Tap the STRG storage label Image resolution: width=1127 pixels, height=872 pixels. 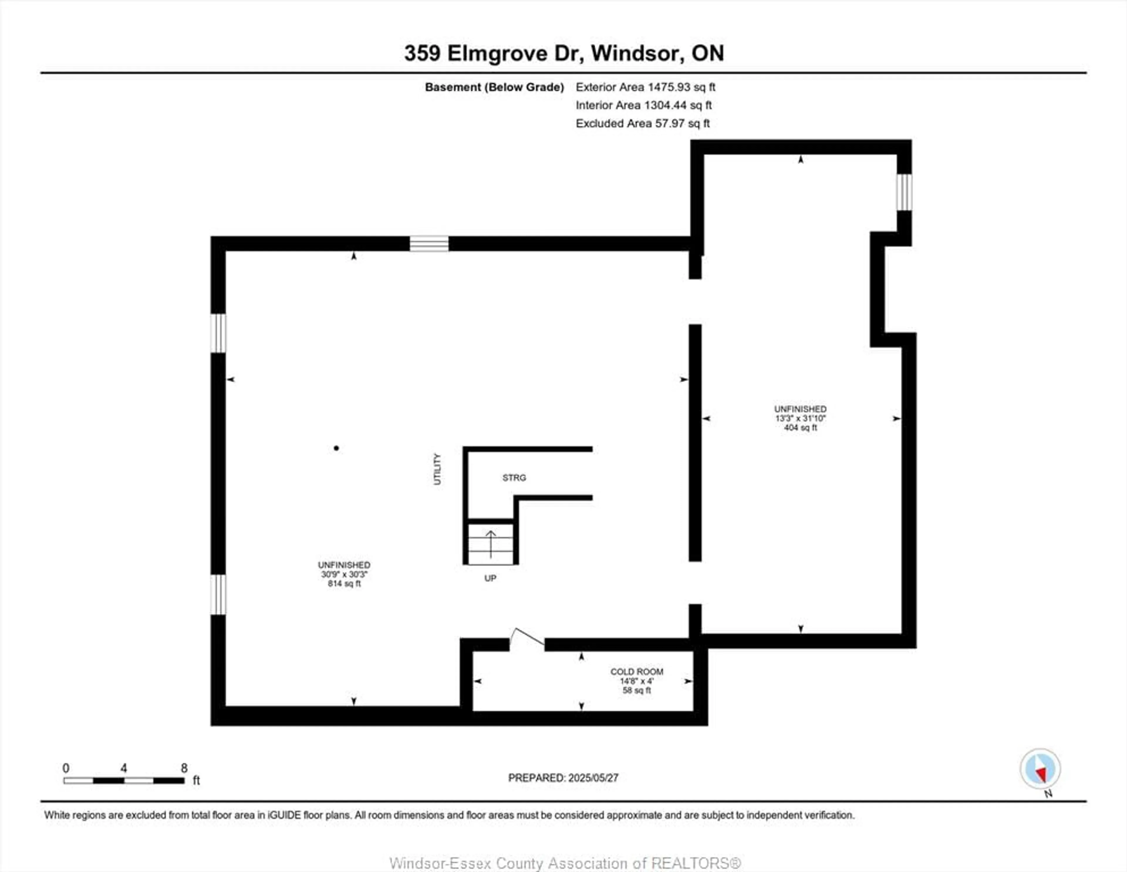514,478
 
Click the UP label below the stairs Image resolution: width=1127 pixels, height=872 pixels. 490,578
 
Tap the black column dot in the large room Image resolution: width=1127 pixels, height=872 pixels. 336,448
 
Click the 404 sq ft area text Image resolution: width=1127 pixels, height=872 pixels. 800,427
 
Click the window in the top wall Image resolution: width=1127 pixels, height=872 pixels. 429,244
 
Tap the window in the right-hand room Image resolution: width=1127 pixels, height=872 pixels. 904,192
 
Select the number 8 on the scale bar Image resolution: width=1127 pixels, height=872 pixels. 184,768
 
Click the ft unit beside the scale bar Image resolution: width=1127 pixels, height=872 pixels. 196,780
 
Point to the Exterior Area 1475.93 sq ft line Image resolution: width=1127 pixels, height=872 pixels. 645,87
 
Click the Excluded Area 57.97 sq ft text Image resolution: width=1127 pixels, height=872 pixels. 642,123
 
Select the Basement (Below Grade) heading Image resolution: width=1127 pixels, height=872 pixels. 494,87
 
